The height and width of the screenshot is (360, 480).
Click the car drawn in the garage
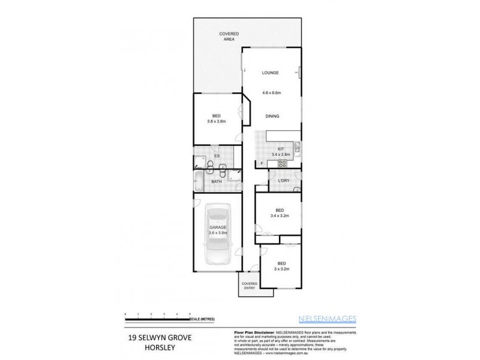217,234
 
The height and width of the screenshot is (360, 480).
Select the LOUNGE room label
270,73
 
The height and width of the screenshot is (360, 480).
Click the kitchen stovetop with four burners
281,136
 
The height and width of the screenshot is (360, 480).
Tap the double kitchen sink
297,148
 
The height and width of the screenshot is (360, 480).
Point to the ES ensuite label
217,157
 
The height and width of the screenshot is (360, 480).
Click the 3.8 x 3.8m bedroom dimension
216,122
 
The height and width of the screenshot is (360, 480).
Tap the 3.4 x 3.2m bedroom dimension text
280,215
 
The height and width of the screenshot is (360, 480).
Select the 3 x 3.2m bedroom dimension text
281,269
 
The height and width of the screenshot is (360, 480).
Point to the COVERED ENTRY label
248,286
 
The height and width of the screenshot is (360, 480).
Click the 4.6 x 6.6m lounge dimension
272,93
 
